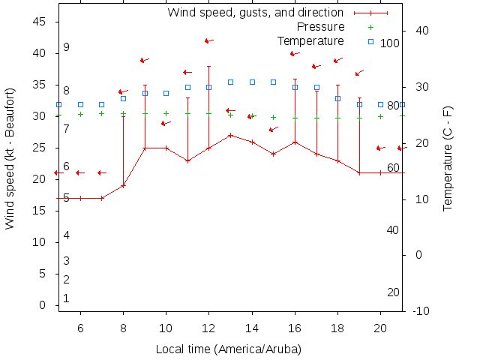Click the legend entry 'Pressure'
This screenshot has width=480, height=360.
(x=320, y=26)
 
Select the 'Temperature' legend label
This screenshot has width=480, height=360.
(x=310, y=40)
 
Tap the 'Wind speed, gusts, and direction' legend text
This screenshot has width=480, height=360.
(x=255, y=12)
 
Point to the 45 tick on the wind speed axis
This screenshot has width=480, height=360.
(x=41, y=22)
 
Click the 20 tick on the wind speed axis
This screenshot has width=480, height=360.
(x=41, y=179)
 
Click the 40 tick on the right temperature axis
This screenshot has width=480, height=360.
(x=421, y=31)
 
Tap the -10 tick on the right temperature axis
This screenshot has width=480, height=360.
(x=420, y=311)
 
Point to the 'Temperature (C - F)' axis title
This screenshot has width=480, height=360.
(x=448, y=158)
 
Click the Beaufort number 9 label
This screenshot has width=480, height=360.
(x=67, y=47)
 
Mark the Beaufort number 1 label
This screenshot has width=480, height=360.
(x=67, y=298)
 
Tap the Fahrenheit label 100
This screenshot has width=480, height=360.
(x=390, y=43)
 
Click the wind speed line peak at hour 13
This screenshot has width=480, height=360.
(x=231, y=135)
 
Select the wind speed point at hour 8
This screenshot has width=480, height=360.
(x=123, y=185)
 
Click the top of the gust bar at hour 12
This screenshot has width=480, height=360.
(x=209, y=66)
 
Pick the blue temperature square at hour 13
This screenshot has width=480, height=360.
(x=231, y=82)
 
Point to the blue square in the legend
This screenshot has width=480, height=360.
(x=370, y=40)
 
